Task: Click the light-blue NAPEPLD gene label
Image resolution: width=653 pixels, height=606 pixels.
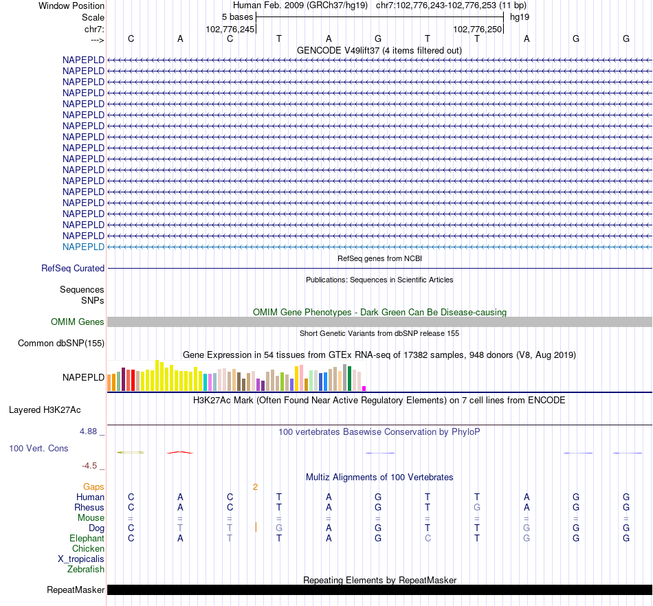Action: (x=83, y=247)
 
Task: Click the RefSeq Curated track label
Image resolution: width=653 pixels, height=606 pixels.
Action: (x=73, y=269)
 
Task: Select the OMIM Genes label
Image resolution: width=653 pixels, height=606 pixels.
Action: (x=78, y=322)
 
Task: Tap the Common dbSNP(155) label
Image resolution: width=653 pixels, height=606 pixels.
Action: (x=61, y=343)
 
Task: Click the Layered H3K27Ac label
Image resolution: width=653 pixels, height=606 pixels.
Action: (x=45, y=410)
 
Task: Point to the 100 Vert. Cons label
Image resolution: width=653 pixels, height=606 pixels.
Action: (x=38, y=448)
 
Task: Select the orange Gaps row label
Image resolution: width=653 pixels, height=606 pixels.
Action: (x=93, y=486)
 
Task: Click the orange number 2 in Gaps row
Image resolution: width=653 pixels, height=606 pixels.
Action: (x=255, y=486)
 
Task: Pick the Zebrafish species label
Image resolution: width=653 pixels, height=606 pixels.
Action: (x=86, y=569)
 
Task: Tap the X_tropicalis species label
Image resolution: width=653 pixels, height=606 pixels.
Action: (x=81, y=559)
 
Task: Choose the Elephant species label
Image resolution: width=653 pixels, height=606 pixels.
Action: (x=87, y=538)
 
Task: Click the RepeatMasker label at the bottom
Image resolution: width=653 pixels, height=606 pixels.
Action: (x=76, y=590)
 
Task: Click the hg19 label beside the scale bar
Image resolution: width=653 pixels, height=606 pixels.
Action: (x=520, y=16)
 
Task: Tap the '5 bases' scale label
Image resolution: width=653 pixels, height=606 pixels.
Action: (x=237, y=16)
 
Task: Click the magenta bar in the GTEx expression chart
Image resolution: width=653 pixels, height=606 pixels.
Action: (x=364, y=388)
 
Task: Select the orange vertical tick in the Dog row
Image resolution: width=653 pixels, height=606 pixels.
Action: (x=256, y=527)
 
